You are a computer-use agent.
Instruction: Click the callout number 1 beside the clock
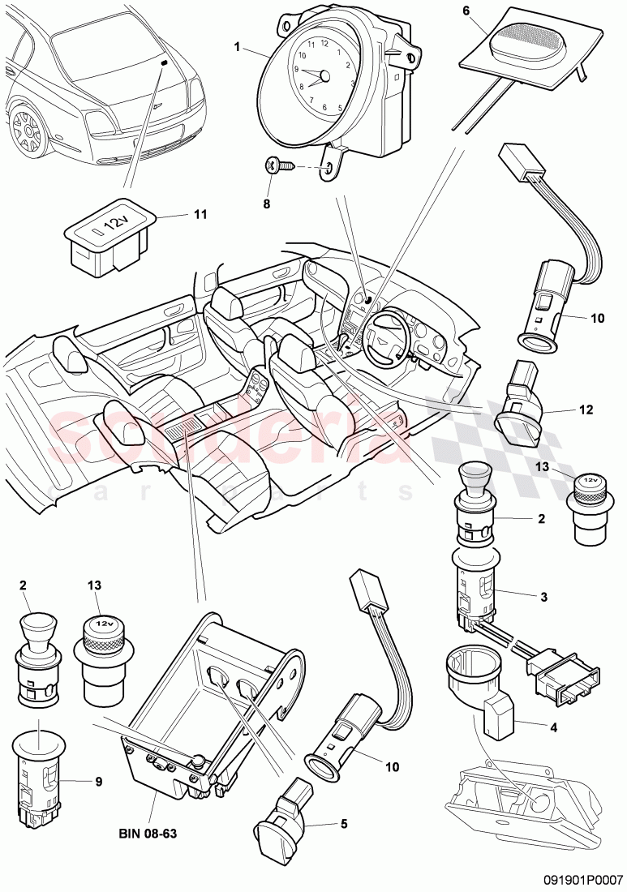coord(238,47)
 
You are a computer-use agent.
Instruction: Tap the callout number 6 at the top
coord(488,11)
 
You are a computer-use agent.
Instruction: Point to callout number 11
coord(200,214)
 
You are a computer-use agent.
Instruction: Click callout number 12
coord(586,410)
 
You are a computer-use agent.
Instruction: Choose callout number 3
coord(544,598)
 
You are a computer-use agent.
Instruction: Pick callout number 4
coord(554,727)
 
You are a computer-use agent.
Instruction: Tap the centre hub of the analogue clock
coord(324,75)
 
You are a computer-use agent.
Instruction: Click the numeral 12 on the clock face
coord(324,42)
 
